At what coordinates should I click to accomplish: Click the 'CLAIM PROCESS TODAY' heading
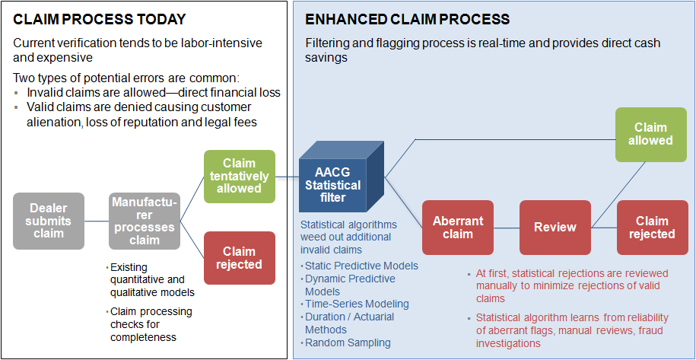point(100,18)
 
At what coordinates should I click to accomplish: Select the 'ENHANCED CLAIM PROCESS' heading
point(407,18)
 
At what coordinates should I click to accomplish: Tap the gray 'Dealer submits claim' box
point(49,221)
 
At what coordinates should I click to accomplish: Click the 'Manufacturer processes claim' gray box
point(145,221)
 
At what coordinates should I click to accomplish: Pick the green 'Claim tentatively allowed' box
point(240,176)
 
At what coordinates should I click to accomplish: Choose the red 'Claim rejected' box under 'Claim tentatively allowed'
point(240,258)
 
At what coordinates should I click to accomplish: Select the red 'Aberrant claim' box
point(458,227)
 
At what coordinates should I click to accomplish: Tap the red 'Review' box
point(555,227)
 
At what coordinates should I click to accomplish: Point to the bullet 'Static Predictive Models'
point(361,266)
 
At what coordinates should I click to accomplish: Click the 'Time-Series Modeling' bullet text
point(356,304)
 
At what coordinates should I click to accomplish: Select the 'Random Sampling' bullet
point(347,342)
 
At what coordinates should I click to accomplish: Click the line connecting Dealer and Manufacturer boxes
point(97,221)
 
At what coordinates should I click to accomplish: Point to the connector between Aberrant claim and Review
point(507,227)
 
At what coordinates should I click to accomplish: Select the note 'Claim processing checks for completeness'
point(151,324)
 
